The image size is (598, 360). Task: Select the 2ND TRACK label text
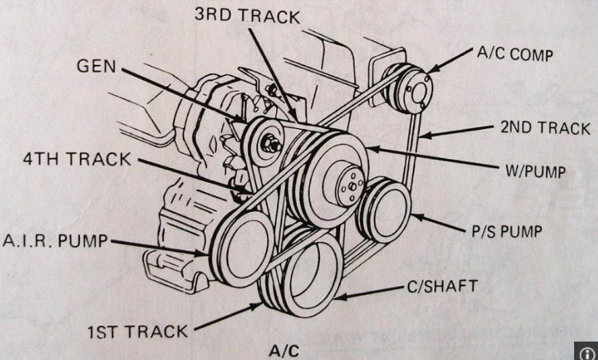point(545,128)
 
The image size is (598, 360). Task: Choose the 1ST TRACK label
point(137,333)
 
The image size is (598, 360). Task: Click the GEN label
point(96,66)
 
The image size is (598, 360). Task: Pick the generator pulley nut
point(271,144)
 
